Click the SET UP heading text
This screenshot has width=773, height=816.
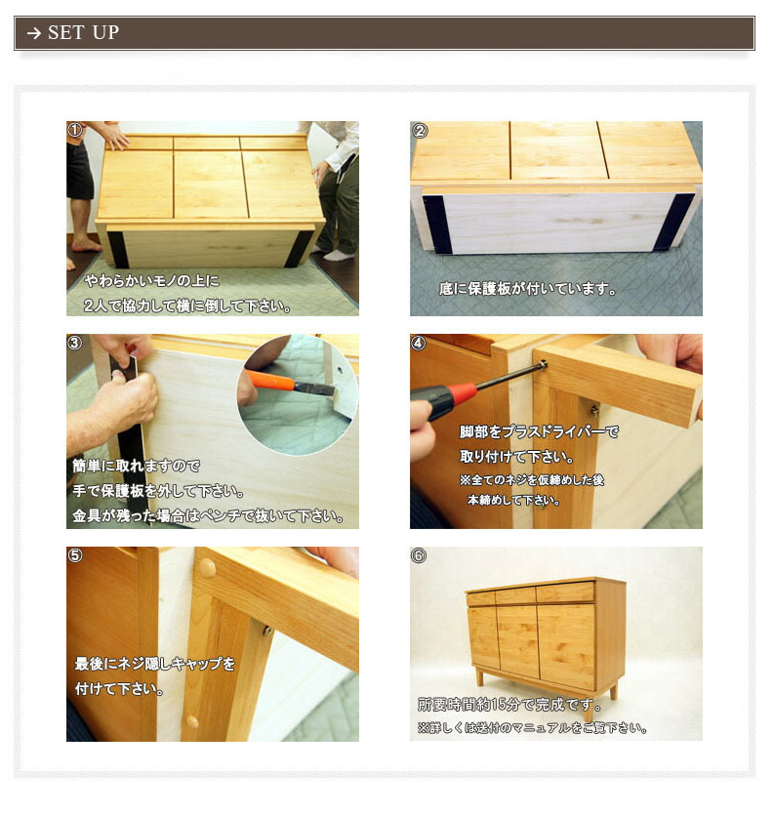83,32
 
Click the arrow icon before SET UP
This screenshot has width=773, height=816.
34,33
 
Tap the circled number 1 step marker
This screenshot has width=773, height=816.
75,130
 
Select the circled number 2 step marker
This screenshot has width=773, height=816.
420,130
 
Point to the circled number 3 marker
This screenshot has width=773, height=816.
75,343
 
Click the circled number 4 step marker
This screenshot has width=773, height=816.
419,343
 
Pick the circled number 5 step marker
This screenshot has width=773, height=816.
75,555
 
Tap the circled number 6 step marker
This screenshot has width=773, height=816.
419,555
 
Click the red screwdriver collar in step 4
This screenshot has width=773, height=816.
460,393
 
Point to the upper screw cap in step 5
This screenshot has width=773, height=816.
207,568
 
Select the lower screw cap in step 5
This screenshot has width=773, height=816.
192,721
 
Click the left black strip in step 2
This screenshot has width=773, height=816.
437,224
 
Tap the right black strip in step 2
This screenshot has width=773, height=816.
674,222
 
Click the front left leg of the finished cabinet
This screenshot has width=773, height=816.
479,677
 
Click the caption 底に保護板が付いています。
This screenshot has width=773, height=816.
527,288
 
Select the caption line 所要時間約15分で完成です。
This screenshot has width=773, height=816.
509,705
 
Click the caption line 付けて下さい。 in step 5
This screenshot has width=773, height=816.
119,689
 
